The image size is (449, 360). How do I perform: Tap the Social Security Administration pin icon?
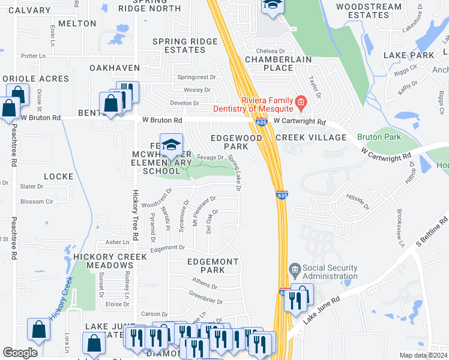click(x=294, y=268)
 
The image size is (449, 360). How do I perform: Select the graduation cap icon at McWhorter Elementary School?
click(x=172, y=144)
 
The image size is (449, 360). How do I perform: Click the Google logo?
click(x=20, y=353)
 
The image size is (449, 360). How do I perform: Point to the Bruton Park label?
click(x=379, y=137)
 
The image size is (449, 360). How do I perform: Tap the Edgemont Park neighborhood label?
click(x=213, y=266)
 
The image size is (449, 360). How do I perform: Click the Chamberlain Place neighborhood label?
click(x=269, y=64)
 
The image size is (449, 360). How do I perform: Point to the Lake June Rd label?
click(x=321, y=310)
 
